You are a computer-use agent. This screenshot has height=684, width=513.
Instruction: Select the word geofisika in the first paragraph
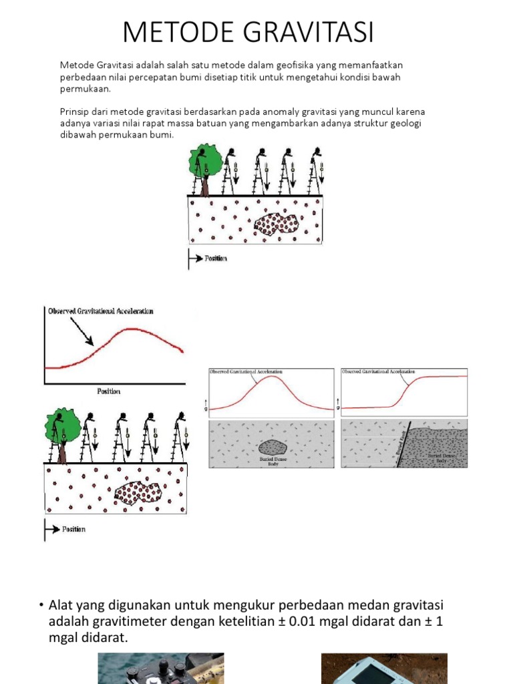[286, 65]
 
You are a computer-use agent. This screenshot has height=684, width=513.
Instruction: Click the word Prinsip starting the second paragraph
[75, 112]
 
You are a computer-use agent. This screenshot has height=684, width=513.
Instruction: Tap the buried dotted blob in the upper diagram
[276, 224]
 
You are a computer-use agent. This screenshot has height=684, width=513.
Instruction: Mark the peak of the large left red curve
[134, 329]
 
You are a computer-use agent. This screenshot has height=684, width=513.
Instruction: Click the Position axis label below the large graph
[108, 391]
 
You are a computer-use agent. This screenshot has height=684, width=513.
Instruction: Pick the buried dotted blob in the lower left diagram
[138, 493]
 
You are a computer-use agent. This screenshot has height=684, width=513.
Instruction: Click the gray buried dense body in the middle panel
[272, 447]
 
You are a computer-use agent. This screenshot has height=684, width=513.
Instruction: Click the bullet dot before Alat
[41, 605]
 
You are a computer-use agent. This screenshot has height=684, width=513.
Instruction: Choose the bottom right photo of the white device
[384, 669]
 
